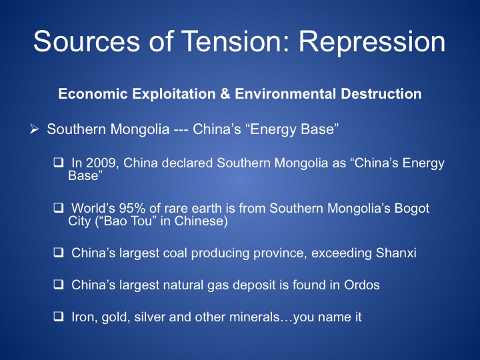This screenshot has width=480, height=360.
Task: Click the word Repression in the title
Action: (x=371, y=42)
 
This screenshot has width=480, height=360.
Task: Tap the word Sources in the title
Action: (x=87, y=41)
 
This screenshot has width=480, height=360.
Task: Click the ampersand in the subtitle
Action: (x=225, y=94)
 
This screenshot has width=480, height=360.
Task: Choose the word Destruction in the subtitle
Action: (x=381, y=94)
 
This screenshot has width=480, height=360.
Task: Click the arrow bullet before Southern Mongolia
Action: (x=34, y=129)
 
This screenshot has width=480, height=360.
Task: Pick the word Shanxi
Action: (x=396, y=253)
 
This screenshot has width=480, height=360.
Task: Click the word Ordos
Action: (x=362, y=285)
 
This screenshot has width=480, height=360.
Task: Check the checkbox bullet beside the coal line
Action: (x=58, y=253)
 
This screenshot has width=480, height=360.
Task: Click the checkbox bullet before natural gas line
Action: (x=58, y=285)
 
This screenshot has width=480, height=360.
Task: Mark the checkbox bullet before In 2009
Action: (x=58, y=162)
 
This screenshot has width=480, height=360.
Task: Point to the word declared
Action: (x=187, y=163)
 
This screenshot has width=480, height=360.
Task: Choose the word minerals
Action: (x=255, y=317)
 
